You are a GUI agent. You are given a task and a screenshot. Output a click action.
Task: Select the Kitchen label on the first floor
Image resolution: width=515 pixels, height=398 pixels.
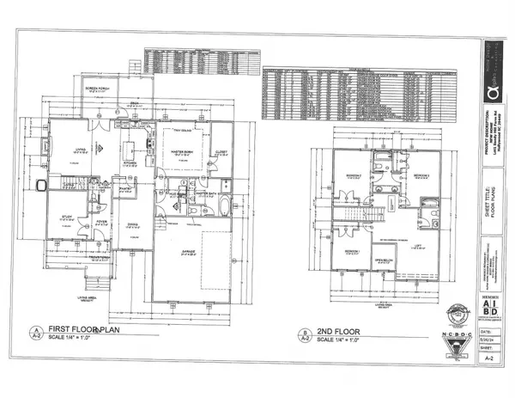[130, 162]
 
